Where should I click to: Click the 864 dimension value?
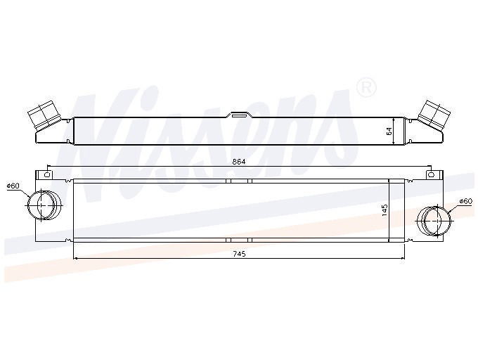click(x=239, y=162)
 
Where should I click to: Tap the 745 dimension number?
click(x=239, y=254)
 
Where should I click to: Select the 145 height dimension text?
click(x=385, y=210)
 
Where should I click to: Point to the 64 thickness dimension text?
click(x=389, y=131)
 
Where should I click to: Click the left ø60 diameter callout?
click(x=13, y=186)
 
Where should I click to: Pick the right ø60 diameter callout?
click(x=466, y=201)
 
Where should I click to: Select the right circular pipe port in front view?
click(x=434, y=221)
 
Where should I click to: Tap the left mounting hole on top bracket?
click(x=47, y=174)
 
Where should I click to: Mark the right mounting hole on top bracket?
click(x=431, y=174)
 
